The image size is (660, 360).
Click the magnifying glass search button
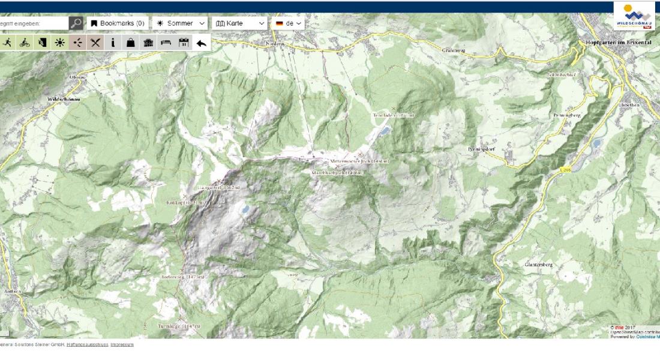(76, 23)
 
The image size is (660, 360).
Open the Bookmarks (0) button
(118, 23)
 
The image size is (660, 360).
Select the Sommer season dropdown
(180, 23)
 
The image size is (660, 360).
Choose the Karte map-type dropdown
(239, 23)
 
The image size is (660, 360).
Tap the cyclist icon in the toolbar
(25, 43)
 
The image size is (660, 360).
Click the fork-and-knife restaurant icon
(95, 43)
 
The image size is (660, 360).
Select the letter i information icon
(113, 43)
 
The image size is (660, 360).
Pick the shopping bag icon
(130, 43)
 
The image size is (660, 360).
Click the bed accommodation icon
(166, 43)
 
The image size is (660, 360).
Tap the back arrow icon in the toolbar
(202, 43)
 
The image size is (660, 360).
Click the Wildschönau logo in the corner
(634, 16)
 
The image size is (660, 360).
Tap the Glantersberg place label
(538, 264)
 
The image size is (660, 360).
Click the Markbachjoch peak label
(337, 173)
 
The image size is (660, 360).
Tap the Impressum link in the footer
(122, 344)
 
